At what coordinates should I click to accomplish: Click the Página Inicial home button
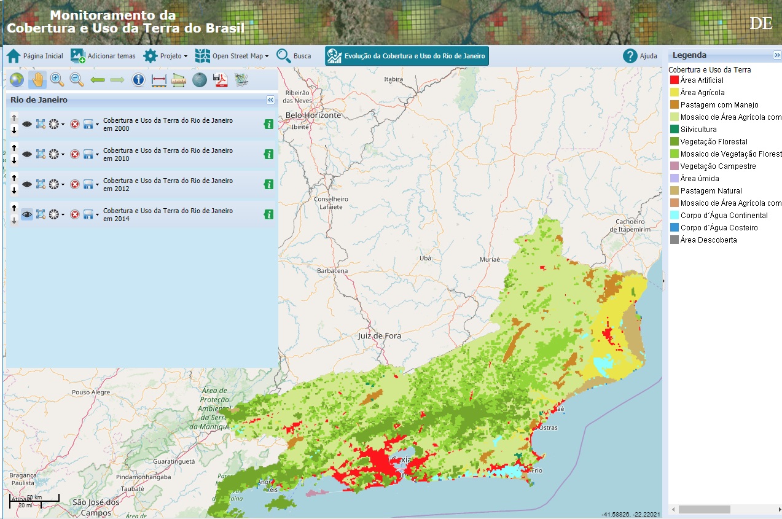34,56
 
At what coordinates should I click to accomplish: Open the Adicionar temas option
103,56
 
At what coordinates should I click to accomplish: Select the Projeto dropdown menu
165,56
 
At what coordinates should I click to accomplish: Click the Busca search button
293,56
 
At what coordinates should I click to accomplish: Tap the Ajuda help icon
630,56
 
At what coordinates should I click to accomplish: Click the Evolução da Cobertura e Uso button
407,56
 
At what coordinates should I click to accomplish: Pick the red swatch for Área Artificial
674,80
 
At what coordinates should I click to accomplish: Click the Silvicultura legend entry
698,130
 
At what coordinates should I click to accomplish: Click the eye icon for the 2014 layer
27,214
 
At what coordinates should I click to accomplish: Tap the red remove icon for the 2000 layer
74,124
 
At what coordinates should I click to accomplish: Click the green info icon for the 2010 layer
268,154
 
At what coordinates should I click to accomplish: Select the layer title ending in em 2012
168,184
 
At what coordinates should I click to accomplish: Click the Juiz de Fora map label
379,336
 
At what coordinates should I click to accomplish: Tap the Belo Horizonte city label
313,115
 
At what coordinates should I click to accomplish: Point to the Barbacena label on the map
332,271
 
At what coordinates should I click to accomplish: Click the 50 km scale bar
34,499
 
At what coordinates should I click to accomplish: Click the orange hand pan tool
37,79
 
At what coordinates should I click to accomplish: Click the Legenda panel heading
689,55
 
